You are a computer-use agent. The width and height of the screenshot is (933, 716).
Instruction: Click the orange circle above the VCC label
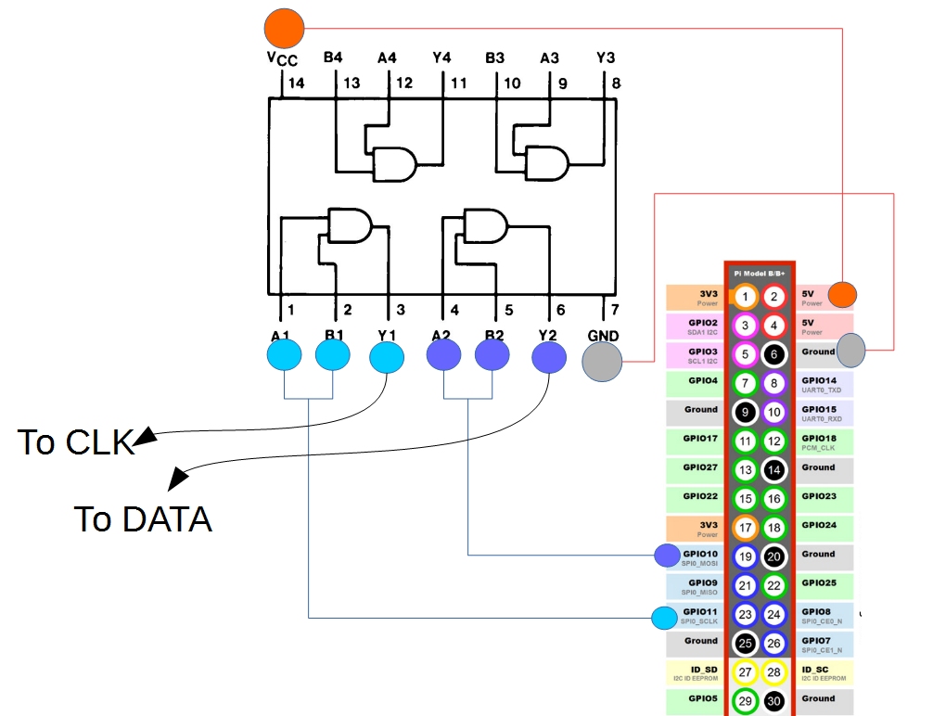283,28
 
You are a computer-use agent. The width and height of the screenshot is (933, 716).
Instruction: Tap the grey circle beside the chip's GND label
602,362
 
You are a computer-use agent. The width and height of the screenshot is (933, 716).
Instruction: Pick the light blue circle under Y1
387,357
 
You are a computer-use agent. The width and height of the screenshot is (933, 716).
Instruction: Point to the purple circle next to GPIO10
667,556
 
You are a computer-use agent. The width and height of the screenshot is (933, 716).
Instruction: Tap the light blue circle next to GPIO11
664,618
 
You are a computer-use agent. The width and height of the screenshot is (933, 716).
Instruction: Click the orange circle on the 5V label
841,295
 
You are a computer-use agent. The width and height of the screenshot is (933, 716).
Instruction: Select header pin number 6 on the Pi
774,354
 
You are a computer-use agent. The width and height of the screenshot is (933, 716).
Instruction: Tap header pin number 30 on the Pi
774,701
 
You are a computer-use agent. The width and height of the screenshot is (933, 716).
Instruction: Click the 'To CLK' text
76,443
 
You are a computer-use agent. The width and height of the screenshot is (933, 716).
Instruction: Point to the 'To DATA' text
143,519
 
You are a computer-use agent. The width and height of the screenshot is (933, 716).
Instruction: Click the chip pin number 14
295,83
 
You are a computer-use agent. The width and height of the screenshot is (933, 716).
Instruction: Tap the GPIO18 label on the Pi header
820,439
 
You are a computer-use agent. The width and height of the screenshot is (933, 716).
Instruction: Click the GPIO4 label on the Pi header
701,380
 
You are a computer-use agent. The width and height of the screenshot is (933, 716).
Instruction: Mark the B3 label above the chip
495,58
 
